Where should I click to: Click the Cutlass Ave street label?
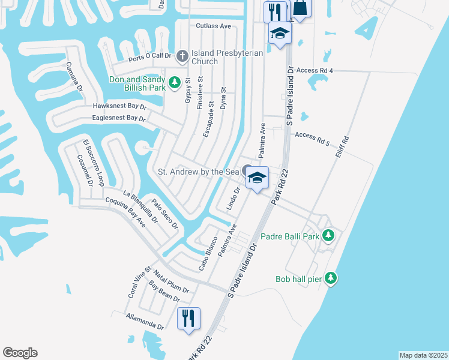pyautogui.click(x=214, y=26)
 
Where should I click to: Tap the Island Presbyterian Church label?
pyautogui.click(x=227, y=57)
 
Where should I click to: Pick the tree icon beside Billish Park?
pyautogui.click(x=175, y=82)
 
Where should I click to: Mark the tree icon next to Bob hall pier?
pyautogui.click(x=331, y=278)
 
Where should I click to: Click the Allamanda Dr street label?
pyautogui.click(x=145, y=321)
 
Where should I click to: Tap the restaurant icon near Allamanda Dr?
pyautogui.click(x=189, y=318)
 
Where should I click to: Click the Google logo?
pyautogui.click(x=20, y=353)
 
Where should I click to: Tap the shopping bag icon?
pyautogui.click(x=300, y=8)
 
